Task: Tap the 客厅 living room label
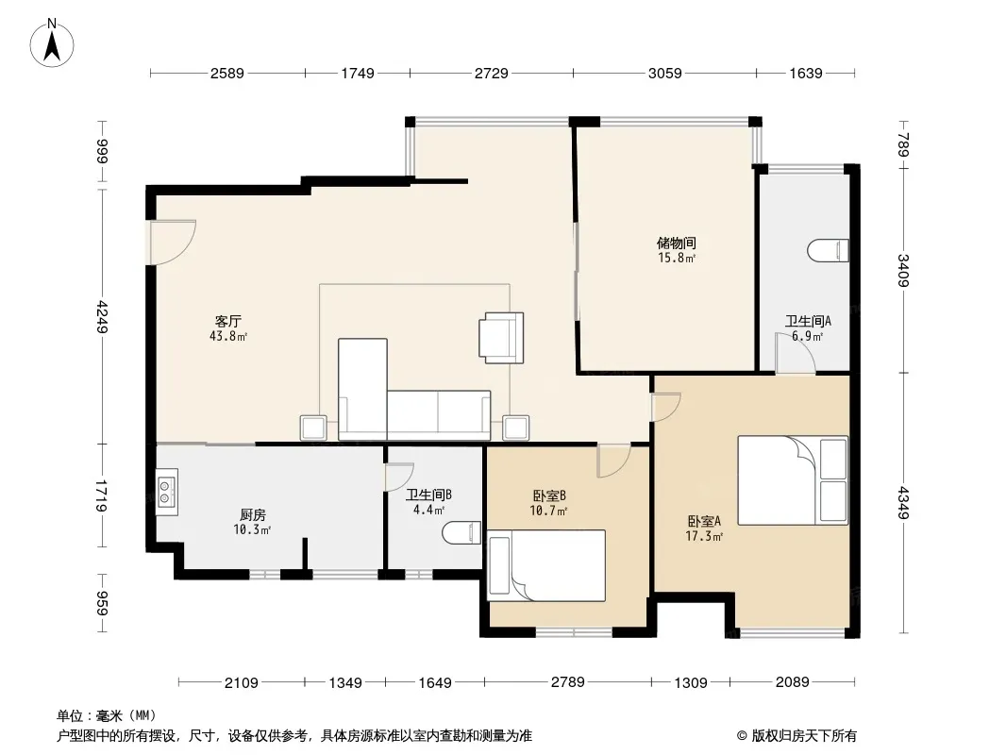[x=227, y=321]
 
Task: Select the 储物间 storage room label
[x=677, y=243]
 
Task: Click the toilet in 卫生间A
[x=828, y=251]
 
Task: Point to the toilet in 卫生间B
[x=461, y=533]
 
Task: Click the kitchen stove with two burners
[x=167, y=492]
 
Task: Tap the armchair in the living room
[x=501, y=338]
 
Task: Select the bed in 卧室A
[x=793, y=480]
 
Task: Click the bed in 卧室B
[x=546, y=565]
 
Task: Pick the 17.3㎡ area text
[x=704, y=536]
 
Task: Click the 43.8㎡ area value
[x=227, y=336]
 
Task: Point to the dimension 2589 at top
[x=227, y=73]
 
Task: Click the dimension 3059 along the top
[x=664, y=73]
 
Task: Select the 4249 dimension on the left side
[x=101, y=316]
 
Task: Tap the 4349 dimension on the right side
[x=903, y=503]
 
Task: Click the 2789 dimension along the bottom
[x=568, y=682]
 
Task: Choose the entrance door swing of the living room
[x=172, y=242]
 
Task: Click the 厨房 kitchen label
[x=253, y=514]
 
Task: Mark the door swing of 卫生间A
[x=796, y=354]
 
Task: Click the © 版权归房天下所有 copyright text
[x=796, y=736]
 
